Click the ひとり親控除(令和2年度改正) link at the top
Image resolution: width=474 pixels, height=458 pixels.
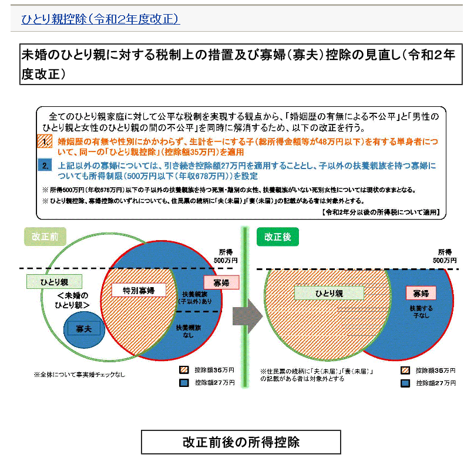[100, 19]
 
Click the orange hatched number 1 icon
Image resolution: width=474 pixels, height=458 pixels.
[45, 142]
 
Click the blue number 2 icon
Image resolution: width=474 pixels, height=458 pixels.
[45, 166]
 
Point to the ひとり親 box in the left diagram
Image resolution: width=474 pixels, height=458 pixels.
[54, 282]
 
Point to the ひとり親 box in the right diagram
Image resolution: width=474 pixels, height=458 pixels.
[329, 293]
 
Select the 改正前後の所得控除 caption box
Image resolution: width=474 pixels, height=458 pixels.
[241, 442]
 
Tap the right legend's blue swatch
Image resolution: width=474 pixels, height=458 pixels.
[404, 383]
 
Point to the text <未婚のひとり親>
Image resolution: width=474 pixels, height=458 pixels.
[74, 300]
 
